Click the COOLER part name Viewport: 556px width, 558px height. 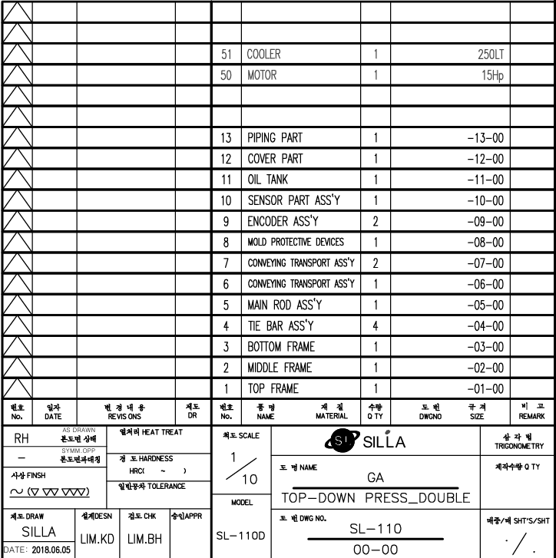point(263,55)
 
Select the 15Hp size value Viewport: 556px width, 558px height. point(491,76)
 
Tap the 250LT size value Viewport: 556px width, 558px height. point(489,55)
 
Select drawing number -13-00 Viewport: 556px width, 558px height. point(485,138)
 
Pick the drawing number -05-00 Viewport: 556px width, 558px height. point(485,305)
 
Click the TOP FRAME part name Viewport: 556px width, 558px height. point(273,388)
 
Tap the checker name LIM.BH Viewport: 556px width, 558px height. point(144,540)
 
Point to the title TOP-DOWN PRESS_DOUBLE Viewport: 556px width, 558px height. point(376,498)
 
